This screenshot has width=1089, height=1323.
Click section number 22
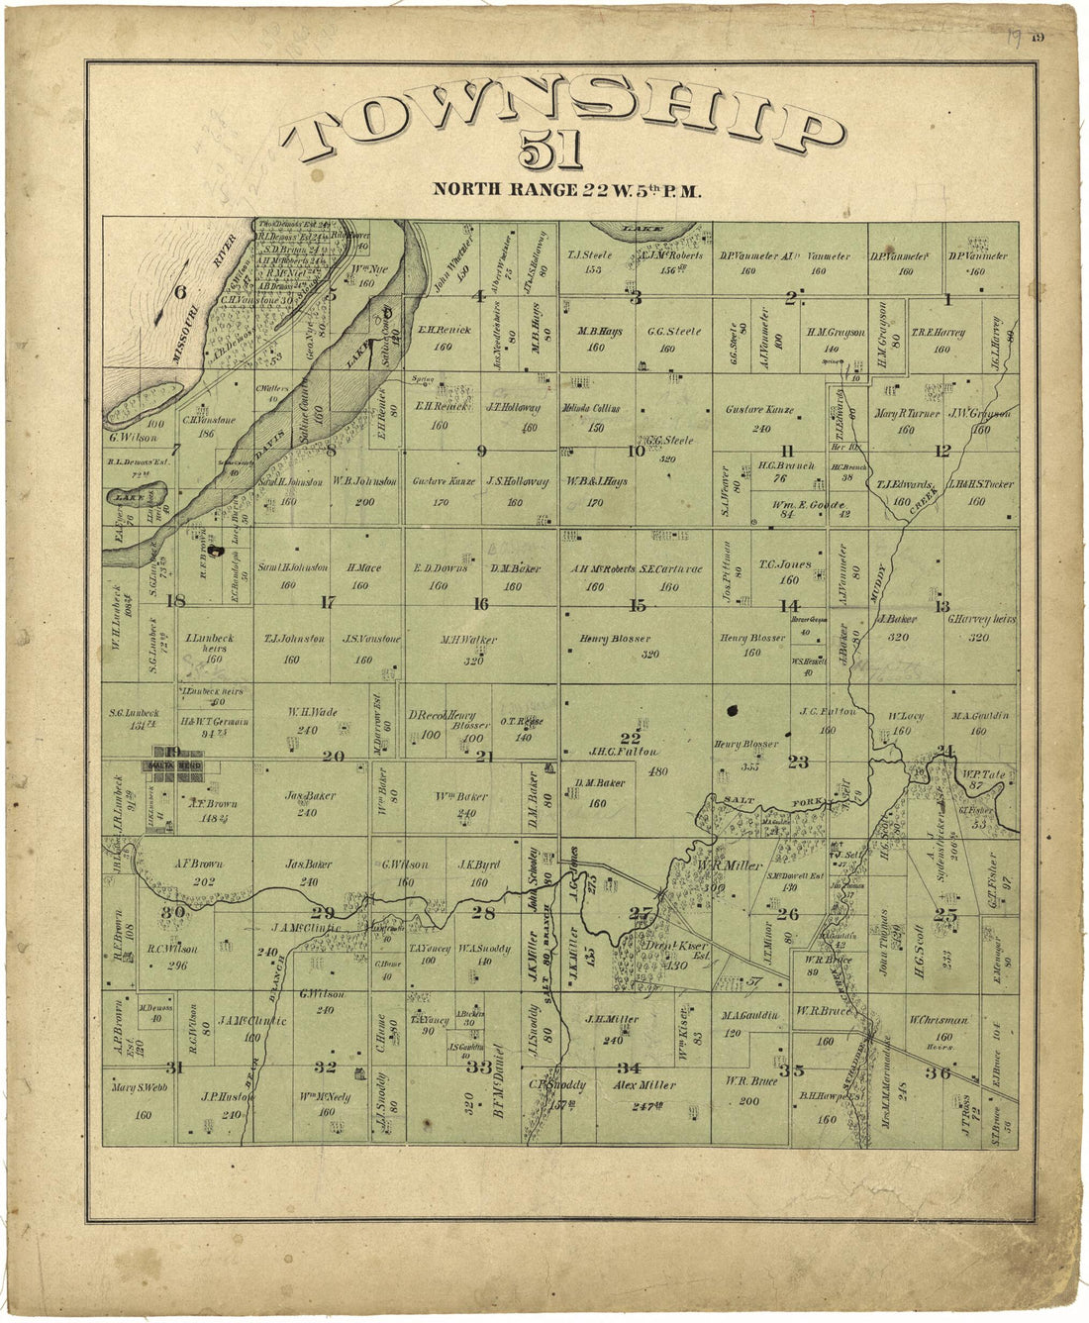[x=630, y=737]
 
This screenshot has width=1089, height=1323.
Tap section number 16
[x=481, y=604]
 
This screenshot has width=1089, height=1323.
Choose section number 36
[x=938, y=1072]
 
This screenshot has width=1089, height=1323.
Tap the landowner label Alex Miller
[x=643, y=1085]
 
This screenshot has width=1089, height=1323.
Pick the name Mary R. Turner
[x=905, y=414]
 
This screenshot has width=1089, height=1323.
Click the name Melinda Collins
[x=595, y=410]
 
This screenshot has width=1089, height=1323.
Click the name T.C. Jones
[x=785, y=564]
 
